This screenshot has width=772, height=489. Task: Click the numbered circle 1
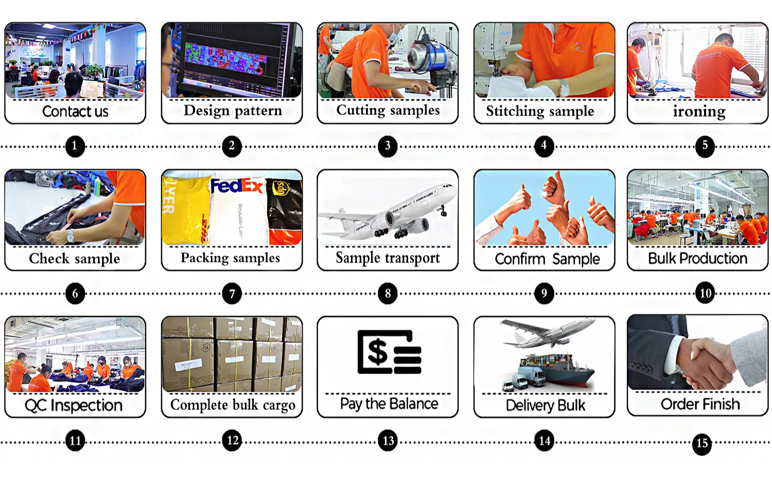coord(75,146)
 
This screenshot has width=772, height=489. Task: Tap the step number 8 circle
coord(388,293)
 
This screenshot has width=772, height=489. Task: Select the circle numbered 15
coord(702,444)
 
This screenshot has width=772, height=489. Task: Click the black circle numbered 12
coord(232,441)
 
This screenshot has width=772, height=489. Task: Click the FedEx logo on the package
coord(237,186)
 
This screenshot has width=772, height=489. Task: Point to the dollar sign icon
coord(378,352)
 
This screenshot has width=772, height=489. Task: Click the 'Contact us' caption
coord(75,111)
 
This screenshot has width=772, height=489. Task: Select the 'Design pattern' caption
coord(233,111)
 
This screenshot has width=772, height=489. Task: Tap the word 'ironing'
coord(699,111)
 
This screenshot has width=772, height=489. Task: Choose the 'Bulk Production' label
coord(697,258)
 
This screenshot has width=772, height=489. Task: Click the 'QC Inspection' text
coord(74,406)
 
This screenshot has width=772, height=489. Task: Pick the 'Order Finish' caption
coord(700,405)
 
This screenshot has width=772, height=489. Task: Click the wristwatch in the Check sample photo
coord(71,236)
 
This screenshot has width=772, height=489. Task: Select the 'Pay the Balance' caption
coord(389,404)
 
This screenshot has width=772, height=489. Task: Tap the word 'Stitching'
coord(514,111)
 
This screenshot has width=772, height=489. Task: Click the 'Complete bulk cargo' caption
coord(233,405)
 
